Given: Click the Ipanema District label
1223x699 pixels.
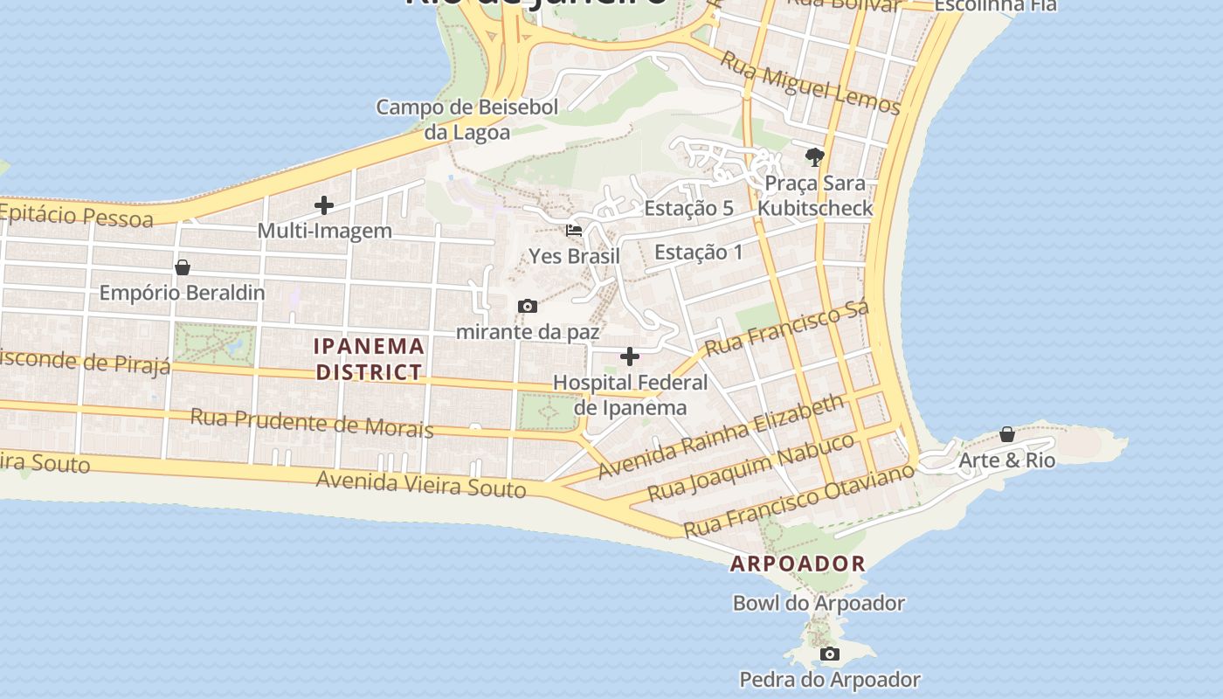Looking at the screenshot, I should tap(370, 359).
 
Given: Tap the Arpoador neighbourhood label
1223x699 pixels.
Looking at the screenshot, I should tap(798, 564).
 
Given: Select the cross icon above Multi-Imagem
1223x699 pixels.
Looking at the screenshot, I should tap(324, 206).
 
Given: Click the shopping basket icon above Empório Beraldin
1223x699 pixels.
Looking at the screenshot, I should tap(183, 267).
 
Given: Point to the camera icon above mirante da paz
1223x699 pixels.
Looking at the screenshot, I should tap(527, 306).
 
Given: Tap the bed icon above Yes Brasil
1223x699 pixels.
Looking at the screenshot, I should tap(574, 231).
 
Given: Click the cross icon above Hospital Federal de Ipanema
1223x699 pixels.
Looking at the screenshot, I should tap(629, 356).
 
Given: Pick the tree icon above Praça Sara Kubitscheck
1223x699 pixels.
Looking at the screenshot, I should tap(815, 157).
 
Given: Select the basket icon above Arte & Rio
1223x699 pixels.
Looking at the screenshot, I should tap(1007, 434).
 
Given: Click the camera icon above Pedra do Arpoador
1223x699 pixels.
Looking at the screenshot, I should tap(829, 654).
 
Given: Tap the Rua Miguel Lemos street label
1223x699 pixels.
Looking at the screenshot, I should tap(810, 83).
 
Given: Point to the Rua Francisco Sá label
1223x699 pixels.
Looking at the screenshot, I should tap(787, 329).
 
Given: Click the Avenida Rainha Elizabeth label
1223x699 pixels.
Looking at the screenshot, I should tap(722, 436).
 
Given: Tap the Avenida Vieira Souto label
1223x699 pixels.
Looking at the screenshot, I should tap(421, 483).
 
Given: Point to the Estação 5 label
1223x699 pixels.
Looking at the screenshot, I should tap(688, 208).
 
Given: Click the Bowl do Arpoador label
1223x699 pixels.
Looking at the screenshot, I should tap(819, 603).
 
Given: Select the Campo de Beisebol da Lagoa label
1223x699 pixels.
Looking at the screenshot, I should tap(466, 120).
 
